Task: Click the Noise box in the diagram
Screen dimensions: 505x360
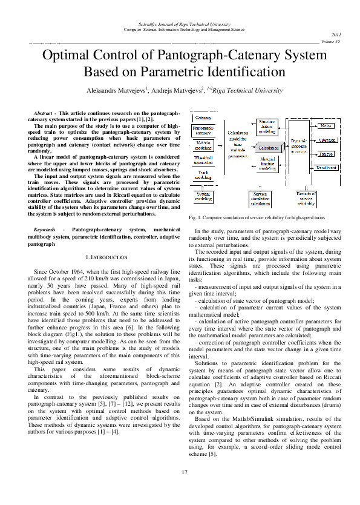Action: (x=326, y=125)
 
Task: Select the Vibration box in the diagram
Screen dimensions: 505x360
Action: (x=326, y=139)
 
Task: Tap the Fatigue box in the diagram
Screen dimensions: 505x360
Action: (x=326, y=154)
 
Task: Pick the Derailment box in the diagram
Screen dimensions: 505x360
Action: (x=326, y=167)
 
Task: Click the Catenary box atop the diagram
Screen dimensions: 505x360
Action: (x=203, y=117)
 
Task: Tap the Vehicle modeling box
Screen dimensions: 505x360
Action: (x=203, y=145)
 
